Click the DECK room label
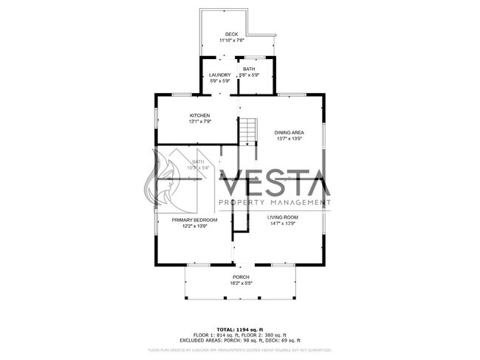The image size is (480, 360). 232,35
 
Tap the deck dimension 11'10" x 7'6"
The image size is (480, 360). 232,41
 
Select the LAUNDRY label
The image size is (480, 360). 219,75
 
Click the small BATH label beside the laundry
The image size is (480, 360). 249,69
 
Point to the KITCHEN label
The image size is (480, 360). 200,115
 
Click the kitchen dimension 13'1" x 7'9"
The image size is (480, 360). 200,121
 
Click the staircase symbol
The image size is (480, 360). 247,131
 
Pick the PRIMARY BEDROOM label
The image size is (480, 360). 194,220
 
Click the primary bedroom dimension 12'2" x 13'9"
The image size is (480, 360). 194,226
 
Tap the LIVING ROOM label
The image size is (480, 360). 281,217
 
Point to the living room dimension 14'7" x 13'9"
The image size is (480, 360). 281,223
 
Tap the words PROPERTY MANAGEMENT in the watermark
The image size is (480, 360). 274,202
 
